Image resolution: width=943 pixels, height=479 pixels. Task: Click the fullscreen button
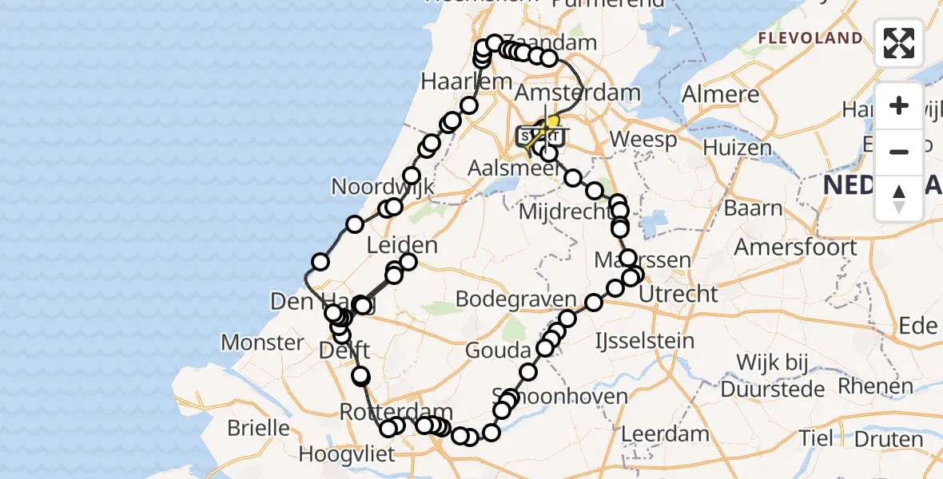[x=899, y=43]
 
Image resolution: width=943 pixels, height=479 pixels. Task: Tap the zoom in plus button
[x=899, y=105]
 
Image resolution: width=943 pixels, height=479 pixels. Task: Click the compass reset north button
[x=899, y=198]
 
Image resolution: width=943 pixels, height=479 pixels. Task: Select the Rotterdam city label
[x=385, y=412]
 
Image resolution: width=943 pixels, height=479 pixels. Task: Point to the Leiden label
[x=402, y=245]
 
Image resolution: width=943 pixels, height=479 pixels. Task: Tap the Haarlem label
[x=466, y=81]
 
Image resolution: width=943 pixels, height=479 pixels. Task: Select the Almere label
[x=720, y=94]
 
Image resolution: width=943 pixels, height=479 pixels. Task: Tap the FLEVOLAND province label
[x=810, y=38]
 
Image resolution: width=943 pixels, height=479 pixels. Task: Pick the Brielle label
[x=258, y=428]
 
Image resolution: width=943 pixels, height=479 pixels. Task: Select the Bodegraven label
[x=515, y=299]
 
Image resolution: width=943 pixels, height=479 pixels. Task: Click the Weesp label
[x=643, y=140]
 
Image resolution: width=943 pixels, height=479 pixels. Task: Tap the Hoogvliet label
[x=347, y=455]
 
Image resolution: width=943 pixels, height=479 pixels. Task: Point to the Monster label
[x=262, y=343]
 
